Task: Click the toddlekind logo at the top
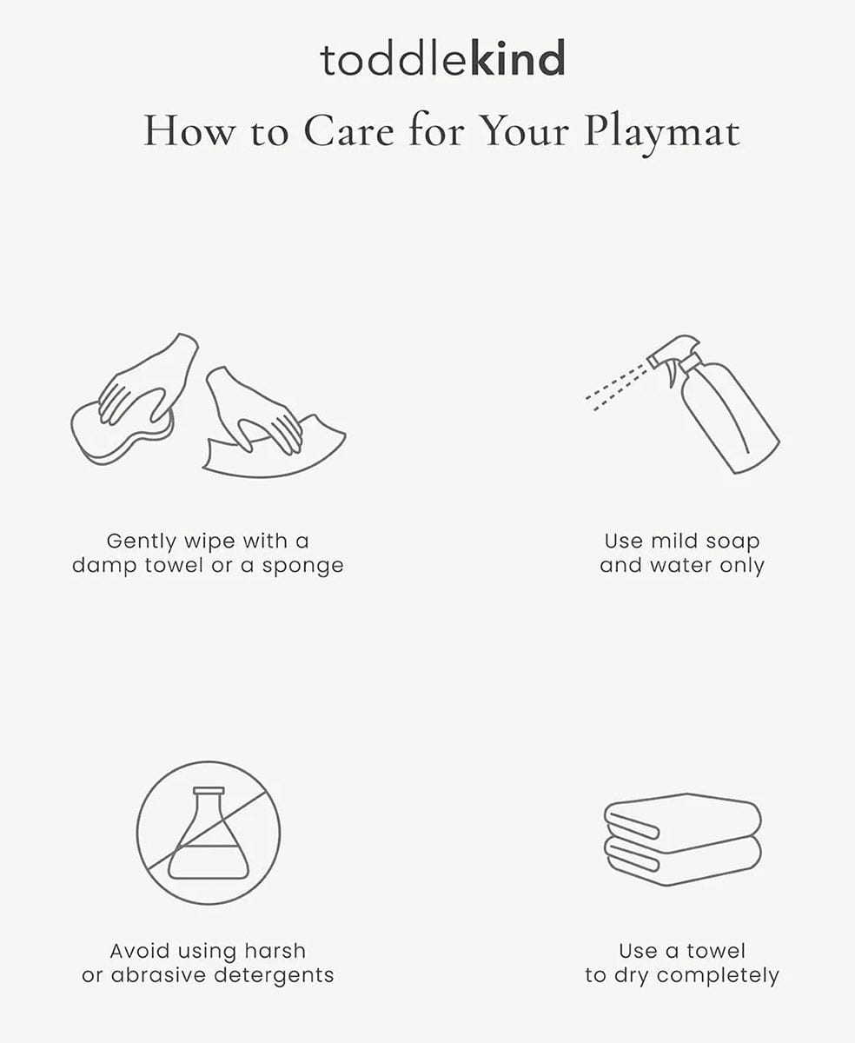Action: (442, 58)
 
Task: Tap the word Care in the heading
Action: (348, 131)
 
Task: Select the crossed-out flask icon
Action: (209, 833)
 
